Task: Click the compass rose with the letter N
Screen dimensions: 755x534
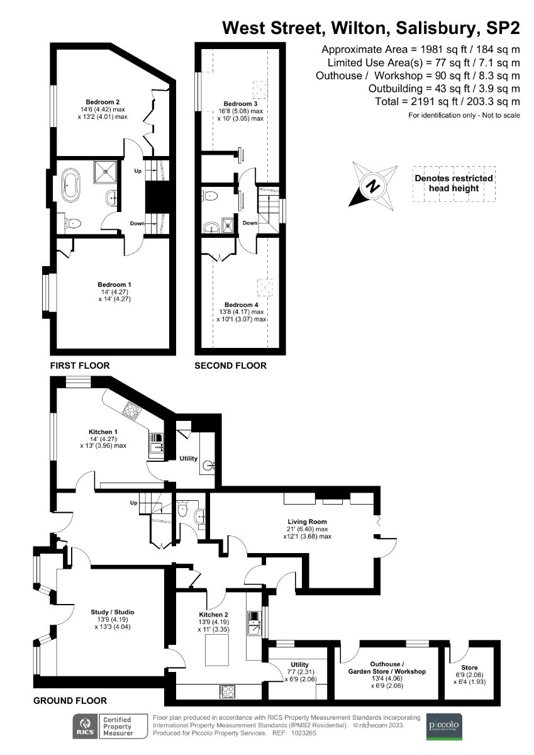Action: click(x=374, y=185)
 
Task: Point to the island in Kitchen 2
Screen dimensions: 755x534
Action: click(x=220, y=649)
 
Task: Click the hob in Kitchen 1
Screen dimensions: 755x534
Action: click(x=133, y=411)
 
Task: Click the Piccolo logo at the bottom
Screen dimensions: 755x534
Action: click(x=444, y=725)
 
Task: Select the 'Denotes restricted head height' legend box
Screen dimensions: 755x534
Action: click(x=453, y=184)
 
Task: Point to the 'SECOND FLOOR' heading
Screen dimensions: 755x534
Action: click(x=230, y=366)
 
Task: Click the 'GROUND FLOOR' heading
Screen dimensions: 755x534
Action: click(x=70, y=700)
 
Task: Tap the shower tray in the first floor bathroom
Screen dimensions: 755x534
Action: click(x=106, y=171)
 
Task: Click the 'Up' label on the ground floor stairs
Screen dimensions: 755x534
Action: click(x=133, y=503)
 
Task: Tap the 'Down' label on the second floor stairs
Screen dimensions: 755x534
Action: click(x=250, y=223)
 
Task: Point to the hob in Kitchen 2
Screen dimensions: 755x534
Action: click(x=227, y=691)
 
